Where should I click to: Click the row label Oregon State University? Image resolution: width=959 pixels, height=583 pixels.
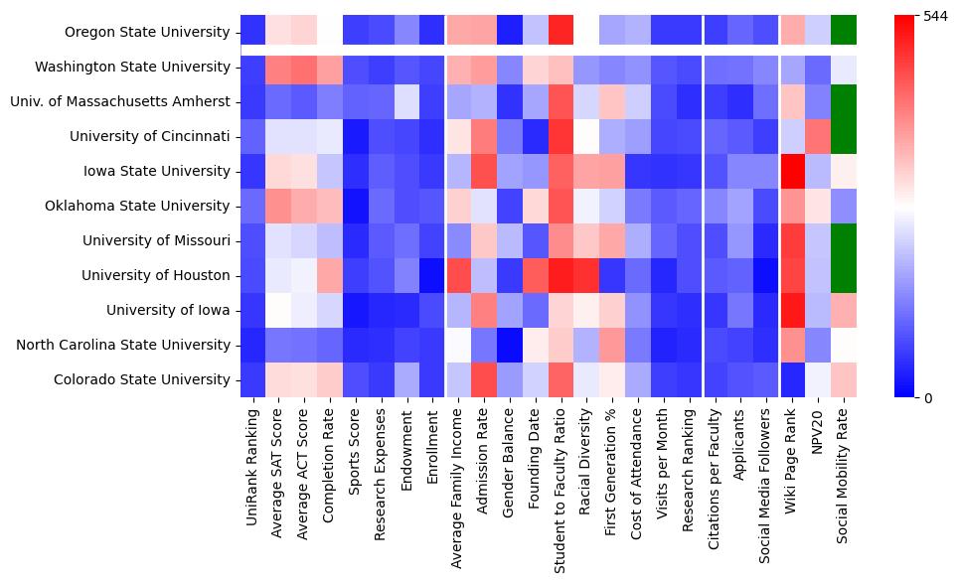click(x=147, y=32)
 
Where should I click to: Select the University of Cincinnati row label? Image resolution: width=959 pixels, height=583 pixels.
click(x=157, y=136)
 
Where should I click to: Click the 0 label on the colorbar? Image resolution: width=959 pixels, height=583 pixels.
click(x=928, y=398)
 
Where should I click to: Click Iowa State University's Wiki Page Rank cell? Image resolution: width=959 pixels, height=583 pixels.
click(x=792, y=171)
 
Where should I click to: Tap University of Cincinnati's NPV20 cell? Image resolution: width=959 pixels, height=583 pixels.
click(x=818, y=136)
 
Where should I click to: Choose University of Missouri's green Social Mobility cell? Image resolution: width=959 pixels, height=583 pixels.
click(x=844, y=240)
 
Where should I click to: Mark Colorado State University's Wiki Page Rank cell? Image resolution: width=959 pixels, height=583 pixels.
click(x=792, y=379)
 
